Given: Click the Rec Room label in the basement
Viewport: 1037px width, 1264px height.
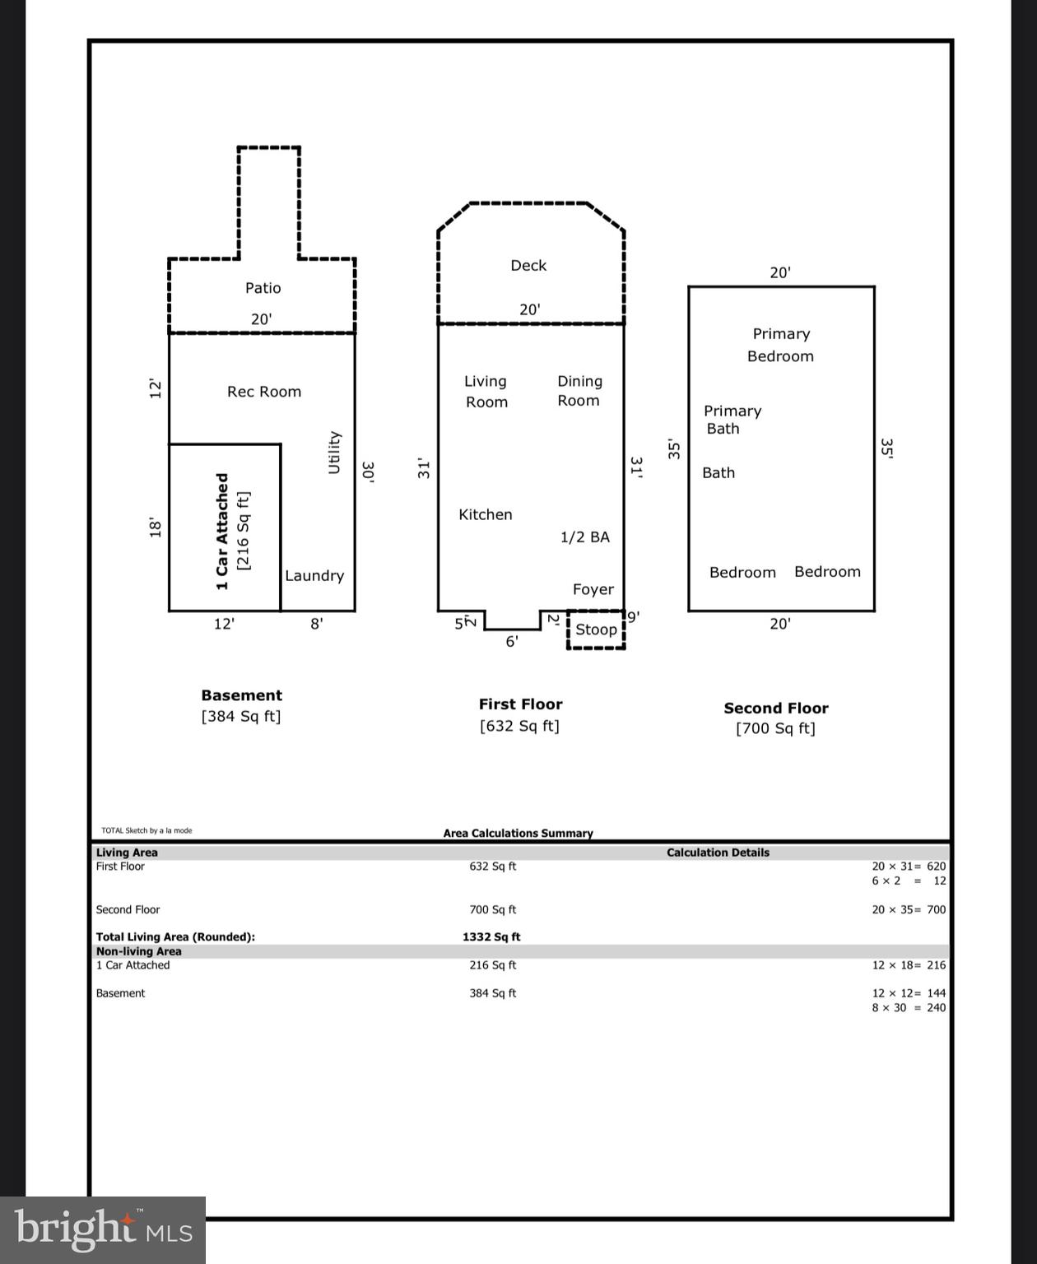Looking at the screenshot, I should [x=264, y=392].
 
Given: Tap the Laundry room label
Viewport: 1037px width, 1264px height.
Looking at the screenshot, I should [x=314, y=576].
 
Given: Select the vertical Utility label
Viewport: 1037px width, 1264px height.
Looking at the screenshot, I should [x=334, y=452].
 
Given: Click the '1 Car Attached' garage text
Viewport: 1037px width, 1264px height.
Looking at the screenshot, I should [x=222, y=531].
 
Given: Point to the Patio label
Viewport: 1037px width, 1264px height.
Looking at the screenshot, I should [x=263, y=288].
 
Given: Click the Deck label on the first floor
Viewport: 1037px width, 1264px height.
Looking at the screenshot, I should [x=528, y=266].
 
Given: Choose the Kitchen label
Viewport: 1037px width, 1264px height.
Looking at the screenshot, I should [x=485, y=515].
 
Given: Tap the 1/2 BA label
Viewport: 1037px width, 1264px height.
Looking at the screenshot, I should [x=585, y=537].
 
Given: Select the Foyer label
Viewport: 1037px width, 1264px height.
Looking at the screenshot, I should [x=593, y=589].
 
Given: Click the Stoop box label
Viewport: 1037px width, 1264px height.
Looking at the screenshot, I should [x=596, y=630].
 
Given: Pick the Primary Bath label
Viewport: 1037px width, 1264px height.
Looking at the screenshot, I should [x=732, y=420].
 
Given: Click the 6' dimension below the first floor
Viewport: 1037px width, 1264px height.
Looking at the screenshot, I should [x=512, y=642].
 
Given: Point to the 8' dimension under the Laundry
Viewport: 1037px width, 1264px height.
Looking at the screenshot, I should [x=317, y=625].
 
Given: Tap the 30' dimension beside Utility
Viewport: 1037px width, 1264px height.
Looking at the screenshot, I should [x=369, y=472].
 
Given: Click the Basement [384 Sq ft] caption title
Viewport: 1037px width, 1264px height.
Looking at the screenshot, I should [x=241, y=696].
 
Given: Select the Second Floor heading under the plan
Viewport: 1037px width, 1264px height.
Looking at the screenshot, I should [x=775, y=709].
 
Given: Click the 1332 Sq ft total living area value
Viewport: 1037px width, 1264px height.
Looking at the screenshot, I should [x=491, y=937].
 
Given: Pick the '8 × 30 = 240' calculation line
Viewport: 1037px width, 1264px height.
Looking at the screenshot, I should [x=909, y=1008].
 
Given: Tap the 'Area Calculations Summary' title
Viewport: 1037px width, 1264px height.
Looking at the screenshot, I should [x=518, y=834].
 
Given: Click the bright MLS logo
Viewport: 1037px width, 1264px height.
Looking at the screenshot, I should [x=103, y=1229].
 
